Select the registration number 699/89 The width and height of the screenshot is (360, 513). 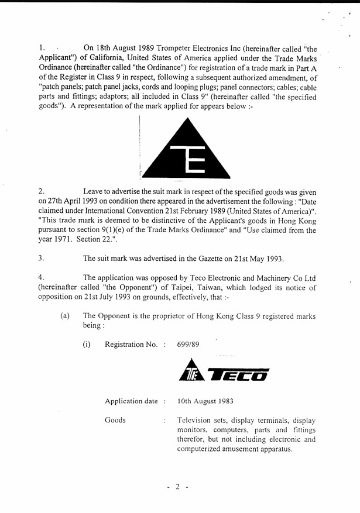pos(188,345)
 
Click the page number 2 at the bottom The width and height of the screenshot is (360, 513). pos(177,486)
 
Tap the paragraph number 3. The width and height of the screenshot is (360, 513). pos(40,258)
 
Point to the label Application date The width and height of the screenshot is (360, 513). pos(131,401)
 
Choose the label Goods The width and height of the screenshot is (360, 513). pos(115,420)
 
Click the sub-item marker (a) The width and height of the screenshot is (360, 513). pos(65,316)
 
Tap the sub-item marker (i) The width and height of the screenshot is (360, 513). pos(87,345)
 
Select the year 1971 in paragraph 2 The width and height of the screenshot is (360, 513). pos(66,240)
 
